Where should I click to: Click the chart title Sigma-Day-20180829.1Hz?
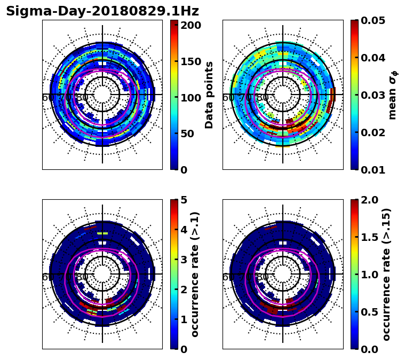pos(102,11)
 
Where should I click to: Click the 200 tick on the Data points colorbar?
pos(190,25)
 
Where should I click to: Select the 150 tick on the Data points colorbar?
pos(190,61)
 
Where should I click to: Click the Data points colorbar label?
pos(209,95)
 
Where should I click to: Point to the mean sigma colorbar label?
pos(392,95)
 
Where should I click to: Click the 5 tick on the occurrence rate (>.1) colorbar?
pos(184,200)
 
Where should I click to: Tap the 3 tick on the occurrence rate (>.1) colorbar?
pos(184,260)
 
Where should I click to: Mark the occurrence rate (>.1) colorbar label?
pos(195,274)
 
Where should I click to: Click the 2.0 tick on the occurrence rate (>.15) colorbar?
pos(368,200)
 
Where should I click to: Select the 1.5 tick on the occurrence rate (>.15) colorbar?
pos(368,237)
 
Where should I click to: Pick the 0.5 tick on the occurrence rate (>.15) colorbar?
pos(368,312)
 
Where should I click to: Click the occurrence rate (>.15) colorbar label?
pos(386,274)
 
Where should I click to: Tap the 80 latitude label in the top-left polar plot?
pos(82,98)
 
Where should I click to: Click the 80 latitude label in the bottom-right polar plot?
pos(263,277)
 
